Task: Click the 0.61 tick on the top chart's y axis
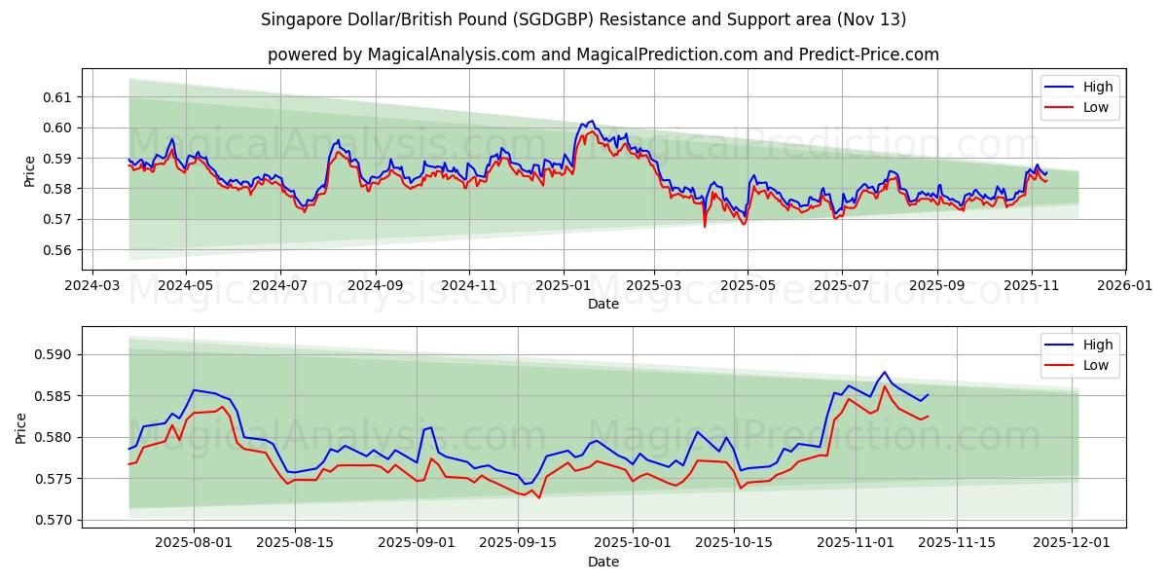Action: pyautogui.click(x=59, y=97)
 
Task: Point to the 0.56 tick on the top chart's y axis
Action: pyautogui.click(x=59, y=250)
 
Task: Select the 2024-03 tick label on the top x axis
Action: pyautogui.click(x=91, y=286)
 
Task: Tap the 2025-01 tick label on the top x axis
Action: pyautogui.click(x=564, y=286)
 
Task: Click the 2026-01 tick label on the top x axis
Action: pyautogui.click(x=1124, y=286)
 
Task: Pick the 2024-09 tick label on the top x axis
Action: pyautogui.click(x=375, y=286)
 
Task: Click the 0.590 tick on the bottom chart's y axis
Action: pyautogui.click(x=55, y=354)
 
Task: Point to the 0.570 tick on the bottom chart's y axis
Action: pyautogui.click(x=55, y=520)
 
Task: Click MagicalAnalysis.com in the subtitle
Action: pyautogui.click(x=451, y=55)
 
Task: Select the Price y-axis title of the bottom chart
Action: pyautogui.click(x=21, y=427)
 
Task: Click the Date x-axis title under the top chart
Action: pyautogui.click(x=603, y=304)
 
